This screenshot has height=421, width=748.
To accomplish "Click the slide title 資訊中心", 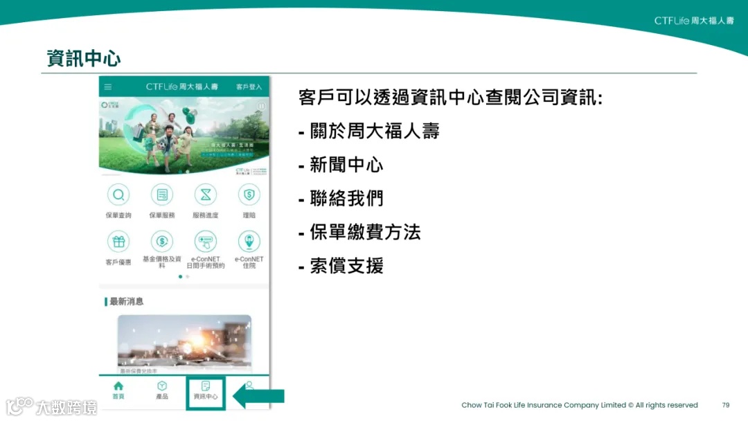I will pyautogui.click(x=84, y=58).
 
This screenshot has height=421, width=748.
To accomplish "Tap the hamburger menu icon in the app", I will pyautogui.click(x=108, y=87).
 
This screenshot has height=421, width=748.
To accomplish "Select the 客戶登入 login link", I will pyautogui.click(x=249, y=87).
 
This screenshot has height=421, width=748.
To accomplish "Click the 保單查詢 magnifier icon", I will pyautogui.click(x=118, y=195).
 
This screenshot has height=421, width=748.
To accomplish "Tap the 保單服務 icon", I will pyautogui.click(x=162, y=195).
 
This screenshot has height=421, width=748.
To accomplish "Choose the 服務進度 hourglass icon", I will pyautogui.click(x=205, y=195).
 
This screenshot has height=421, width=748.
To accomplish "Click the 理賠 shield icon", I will pyautogui.click(x=249, y=195).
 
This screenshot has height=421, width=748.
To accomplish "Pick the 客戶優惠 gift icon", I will pyautogui.click(x=118, y=242).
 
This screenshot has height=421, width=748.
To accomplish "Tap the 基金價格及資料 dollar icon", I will pyautogui.click(x=162, y=242).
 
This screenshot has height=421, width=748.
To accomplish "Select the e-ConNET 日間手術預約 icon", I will pyautogui.click(x=205, y=242).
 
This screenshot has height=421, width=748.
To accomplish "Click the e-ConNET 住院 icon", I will pyautogui.click(x=249, y=242).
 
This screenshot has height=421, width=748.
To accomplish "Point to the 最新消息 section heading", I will pyautogui.click(x=126, y=302).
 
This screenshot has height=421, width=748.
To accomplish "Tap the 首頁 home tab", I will pyautogui.click(x=118, y=390).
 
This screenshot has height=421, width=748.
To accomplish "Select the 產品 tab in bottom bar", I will pyautogui.click(x=162, y=390).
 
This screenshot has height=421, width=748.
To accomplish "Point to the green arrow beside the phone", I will pyautogui.click(x=258, y=396).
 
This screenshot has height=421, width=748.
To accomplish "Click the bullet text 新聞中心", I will pyautogui.click(x=346, y=165).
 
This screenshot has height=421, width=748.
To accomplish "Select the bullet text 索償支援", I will pyautogui.click(x=346, y=266).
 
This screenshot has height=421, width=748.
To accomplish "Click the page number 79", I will pyautogui.click(x=725, y=405).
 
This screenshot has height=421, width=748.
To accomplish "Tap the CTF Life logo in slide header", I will pyautogui.click(x=693, y=21).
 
